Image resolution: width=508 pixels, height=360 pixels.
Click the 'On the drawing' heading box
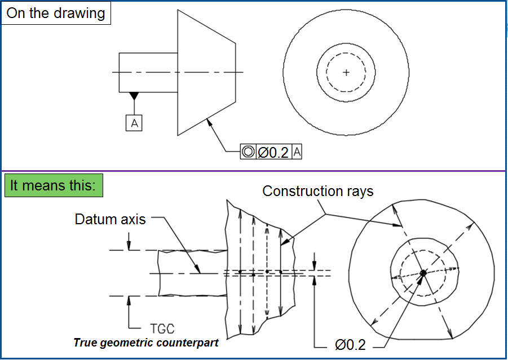(55, 14)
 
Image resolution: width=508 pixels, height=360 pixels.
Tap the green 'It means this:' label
(54, 185)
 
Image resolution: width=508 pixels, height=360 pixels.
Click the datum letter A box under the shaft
(134, 122)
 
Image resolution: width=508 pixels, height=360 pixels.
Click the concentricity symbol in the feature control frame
(248, 152)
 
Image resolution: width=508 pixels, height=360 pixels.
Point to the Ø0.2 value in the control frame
(273, 152)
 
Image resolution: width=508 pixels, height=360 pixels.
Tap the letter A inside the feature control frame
(298, 152)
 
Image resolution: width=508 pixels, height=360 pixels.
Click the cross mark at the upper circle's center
(346, 72)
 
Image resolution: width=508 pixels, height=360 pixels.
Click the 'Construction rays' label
(318, 192)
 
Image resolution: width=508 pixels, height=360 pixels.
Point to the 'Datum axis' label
(110, 219)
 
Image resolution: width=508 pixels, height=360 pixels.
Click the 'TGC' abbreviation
(162, 328)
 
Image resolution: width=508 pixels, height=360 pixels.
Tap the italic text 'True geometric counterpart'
(145, 343)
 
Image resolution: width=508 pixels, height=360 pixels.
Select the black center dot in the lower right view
(423, 273)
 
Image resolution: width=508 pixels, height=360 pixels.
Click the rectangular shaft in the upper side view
(148, 72)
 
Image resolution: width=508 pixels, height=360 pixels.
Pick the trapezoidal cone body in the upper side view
(206, 72)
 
